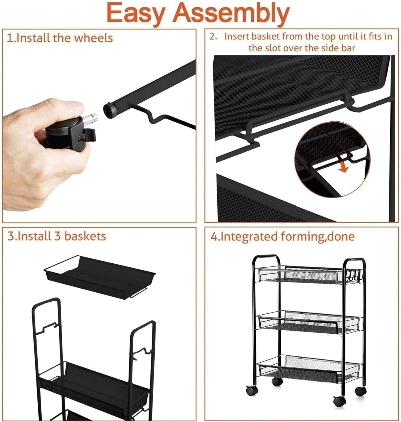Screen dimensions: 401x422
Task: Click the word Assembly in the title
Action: (231, 14)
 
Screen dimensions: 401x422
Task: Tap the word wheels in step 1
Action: (93, 38)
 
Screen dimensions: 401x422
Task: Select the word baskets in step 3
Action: (85, 236)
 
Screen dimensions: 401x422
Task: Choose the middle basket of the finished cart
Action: (309, 322)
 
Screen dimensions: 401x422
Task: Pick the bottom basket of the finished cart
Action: (309, 368)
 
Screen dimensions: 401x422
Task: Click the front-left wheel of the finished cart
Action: (252, 391)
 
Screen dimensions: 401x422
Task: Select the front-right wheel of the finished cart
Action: (339, 401)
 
